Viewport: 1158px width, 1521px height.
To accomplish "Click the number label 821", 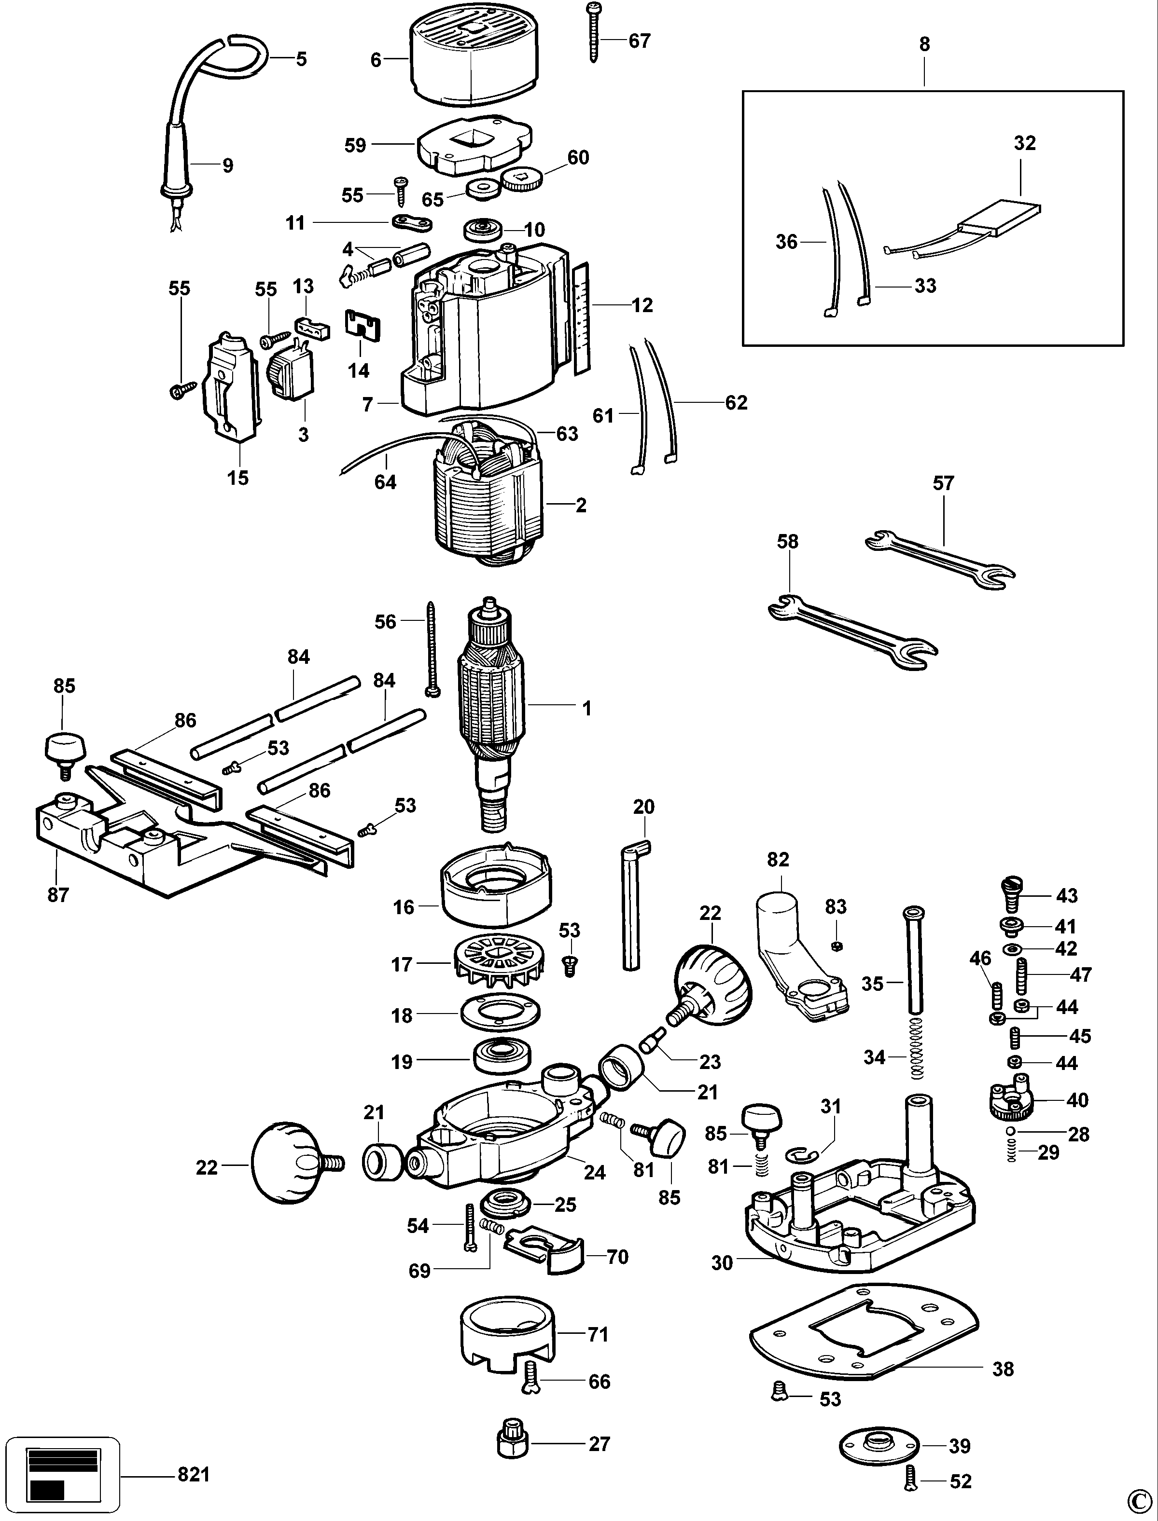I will [x=193, y=1475].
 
